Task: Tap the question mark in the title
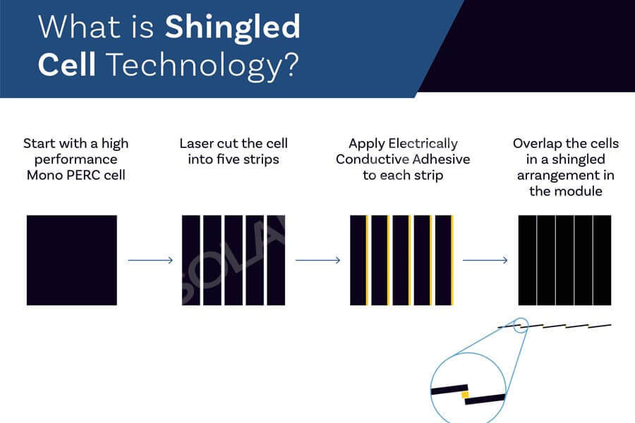291,64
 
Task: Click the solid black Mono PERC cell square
72,260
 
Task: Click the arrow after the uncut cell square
150,260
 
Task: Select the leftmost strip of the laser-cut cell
190,260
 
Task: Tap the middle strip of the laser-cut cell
234,260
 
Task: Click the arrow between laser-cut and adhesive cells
318,260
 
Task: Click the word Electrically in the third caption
423,144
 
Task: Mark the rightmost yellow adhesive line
452,260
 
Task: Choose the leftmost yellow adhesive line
367,260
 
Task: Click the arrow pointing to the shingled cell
485,260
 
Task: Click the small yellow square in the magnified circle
465,395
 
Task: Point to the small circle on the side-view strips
521,326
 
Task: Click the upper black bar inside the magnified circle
449,389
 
